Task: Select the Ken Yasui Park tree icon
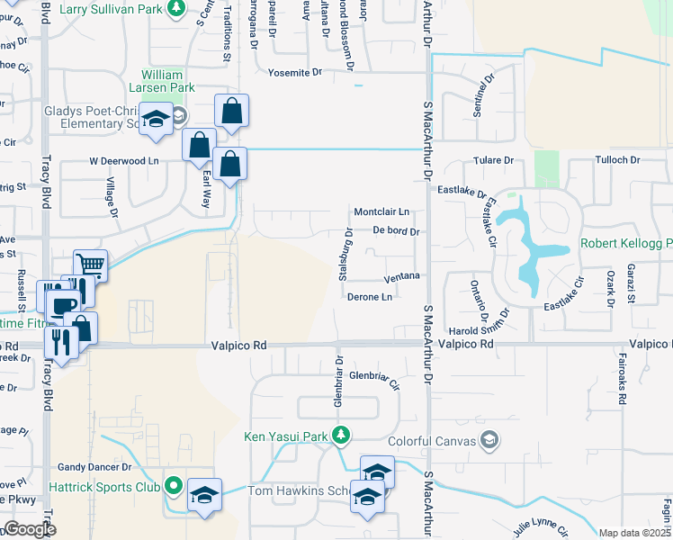click(340, 436)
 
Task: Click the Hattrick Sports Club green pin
click(173, 487)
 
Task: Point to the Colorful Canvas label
click(430, 441)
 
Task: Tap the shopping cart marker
click(90, 265)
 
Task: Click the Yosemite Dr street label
click(289, 72)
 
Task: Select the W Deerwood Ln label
click(123, 161)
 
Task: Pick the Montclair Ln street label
click(381, 211)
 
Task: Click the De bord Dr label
click(396, 231)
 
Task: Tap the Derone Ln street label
click(369, 297)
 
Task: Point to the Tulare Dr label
click(494, 160)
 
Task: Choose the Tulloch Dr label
click(616, 160)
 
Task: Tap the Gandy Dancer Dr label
click(94, 467)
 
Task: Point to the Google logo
click(30, 529)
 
